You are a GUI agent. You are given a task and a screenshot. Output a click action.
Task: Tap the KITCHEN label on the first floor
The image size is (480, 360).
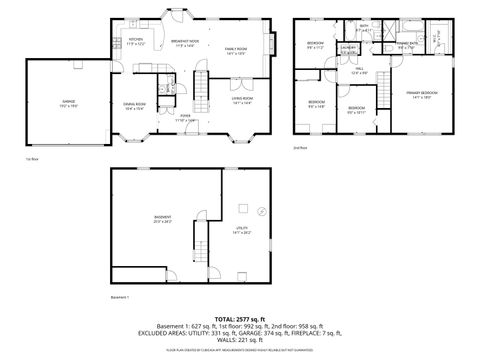(136, 41)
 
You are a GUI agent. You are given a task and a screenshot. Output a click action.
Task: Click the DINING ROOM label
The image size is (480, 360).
(135, 105)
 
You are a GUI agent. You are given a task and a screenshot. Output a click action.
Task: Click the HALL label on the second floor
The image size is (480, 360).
(358, 70)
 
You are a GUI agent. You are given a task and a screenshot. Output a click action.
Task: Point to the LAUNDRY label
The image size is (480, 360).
(348, 48)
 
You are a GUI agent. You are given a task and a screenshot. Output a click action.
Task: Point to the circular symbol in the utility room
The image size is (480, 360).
(260, 211)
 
